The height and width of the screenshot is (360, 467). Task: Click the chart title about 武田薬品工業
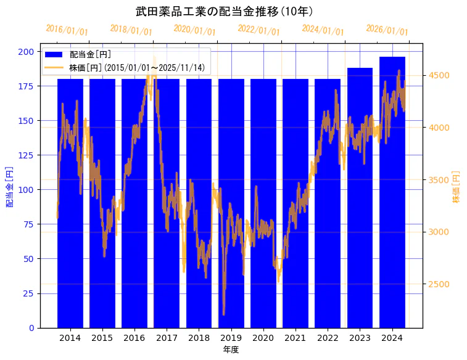coord(224,12)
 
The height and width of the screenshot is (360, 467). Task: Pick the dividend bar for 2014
coord(70,203)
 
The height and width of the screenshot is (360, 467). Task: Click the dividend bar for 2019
coord(231,203)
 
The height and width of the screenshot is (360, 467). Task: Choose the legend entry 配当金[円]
coord(90,55)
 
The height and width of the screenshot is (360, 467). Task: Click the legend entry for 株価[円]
coord(145,68)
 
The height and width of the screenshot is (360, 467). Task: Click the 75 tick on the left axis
coord(28,224)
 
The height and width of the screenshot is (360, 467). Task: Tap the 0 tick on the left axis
coord(31,328)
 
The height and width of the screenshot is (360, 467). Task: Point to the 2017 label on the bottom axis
coord(167,338)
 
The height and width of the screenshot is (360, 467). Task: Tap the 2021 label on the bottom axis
coord(295,338)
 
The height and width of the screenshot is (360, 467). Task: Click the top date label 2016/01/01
coord(67,30)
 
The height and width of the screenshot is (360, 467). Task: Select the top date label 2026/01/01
coord(387,30)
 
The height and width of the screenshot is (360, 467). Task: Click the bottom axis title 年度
coord(231,350)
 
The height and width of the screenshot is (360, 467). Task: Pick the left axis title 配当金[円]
coord(9,187)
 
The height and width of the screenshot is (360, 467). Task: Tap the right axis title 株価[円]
coord(457,187)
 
